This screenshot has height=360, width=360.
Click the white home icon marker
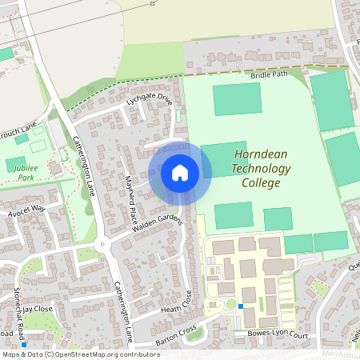pyautogui.click(x=180, y=172)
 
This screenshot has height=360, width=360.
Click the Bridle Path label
pyautogui.click(x=268, y=74)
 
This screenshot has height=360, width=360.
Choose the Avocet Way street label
pyautogui.click(x=26, y=211)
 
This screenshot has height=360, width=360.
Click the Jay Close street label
pyautogui.click(x=37, y=307)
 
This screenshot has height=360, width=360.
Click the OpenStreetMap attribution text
pyautogui.click(x=82, y=354)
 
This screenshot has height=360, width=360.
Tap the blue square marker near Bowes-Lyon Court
pyautogui.click(x=241, y=306)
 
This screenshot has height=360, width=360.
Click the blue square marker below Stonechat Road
pyautogui.click(x=24, y=345)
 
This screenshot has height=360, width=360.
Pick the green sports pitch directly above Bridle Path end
pyautogui.click(x=331, y=100)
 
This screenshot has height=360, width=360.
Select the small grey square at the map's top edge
pyautogui.click(x=152, y=3)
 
